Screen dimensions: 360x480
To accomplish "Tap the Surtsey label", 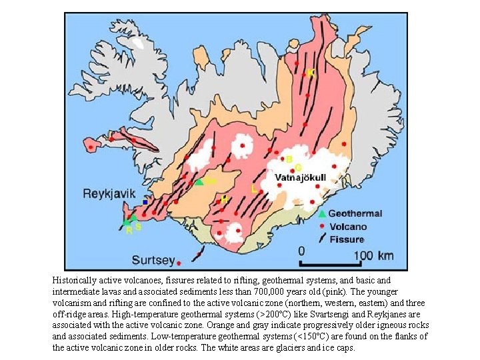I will [153, 259].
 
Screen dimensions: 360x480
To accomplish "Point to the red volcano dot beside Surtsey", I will [198, 254].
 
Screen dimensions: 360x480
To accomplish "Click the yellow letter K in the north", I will [311, 72].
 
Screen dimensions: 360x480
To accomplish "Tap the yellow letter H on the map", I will [225, 199].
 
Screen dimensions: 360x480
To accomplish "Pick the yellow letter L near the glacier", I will [254, 189].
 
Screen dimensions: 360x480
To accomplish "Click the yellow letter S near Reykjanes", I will [138, 227].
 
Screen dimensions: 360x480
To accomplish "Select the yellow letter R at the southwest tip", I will [129, 230].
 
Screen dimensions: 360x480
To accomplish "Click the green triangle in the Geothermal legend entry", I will [322, 214].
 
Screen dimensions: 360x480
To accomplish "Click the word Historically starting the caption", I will [77, 281].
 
